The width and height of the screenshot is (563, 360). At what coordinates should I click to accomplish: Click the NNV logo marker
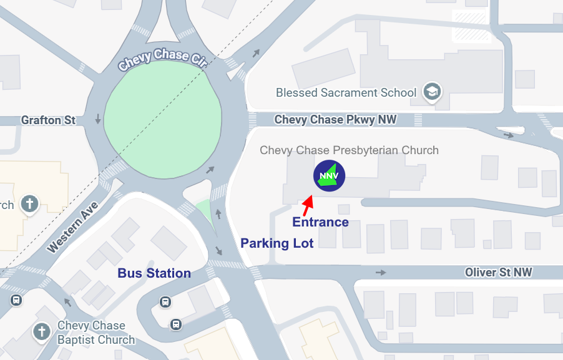(329, 176)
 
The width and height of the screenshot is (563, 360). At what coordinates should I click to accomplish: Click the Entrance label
(320, 222)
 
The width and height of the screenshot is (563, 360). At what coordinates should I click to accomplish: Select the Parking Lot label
(277, 243)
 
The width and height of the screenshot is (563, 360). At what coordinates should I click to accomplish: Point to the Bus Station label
(154, 273)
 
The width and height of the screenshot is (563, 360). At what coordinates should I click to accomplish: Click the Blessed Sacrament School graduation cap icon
(432, 92)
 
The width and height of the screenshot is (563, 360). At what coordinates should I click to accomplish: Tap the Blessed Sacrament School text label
(346, 93)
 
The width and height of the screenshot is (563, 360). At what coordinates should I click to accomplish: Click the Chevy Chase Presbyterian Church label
(349, 150)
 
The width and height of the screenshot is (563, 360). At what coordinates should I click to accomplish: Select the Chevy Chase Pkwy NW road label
(335, 119)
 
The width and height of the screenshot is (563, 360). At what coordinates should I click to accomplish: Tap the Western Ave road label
(72, 226)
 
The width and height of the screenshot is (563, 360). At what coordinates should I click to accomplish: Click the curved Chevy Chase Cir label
(162, 59)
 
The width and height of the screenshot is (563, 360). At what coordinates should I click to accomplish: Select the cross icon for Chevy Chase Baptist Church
(42, 331)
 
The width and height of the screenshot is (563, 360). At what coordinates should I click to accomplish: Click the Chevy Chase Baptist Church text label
(95, 333)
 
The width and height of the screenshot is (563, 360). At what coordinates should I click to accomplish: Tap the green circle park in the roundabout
(163, 121)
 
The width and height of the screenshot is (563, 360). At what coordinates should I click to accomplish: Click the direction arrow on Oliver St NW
(381, 273)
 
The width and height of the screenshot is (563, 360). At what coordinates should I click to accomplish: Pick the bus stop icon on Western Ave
(16, 299)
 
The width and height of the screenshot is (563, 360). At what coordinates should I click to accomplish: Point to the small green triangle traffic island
(202, 209)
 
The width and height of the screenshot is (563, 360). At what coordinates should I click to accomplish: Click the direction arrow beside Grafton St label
(98, 119)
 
